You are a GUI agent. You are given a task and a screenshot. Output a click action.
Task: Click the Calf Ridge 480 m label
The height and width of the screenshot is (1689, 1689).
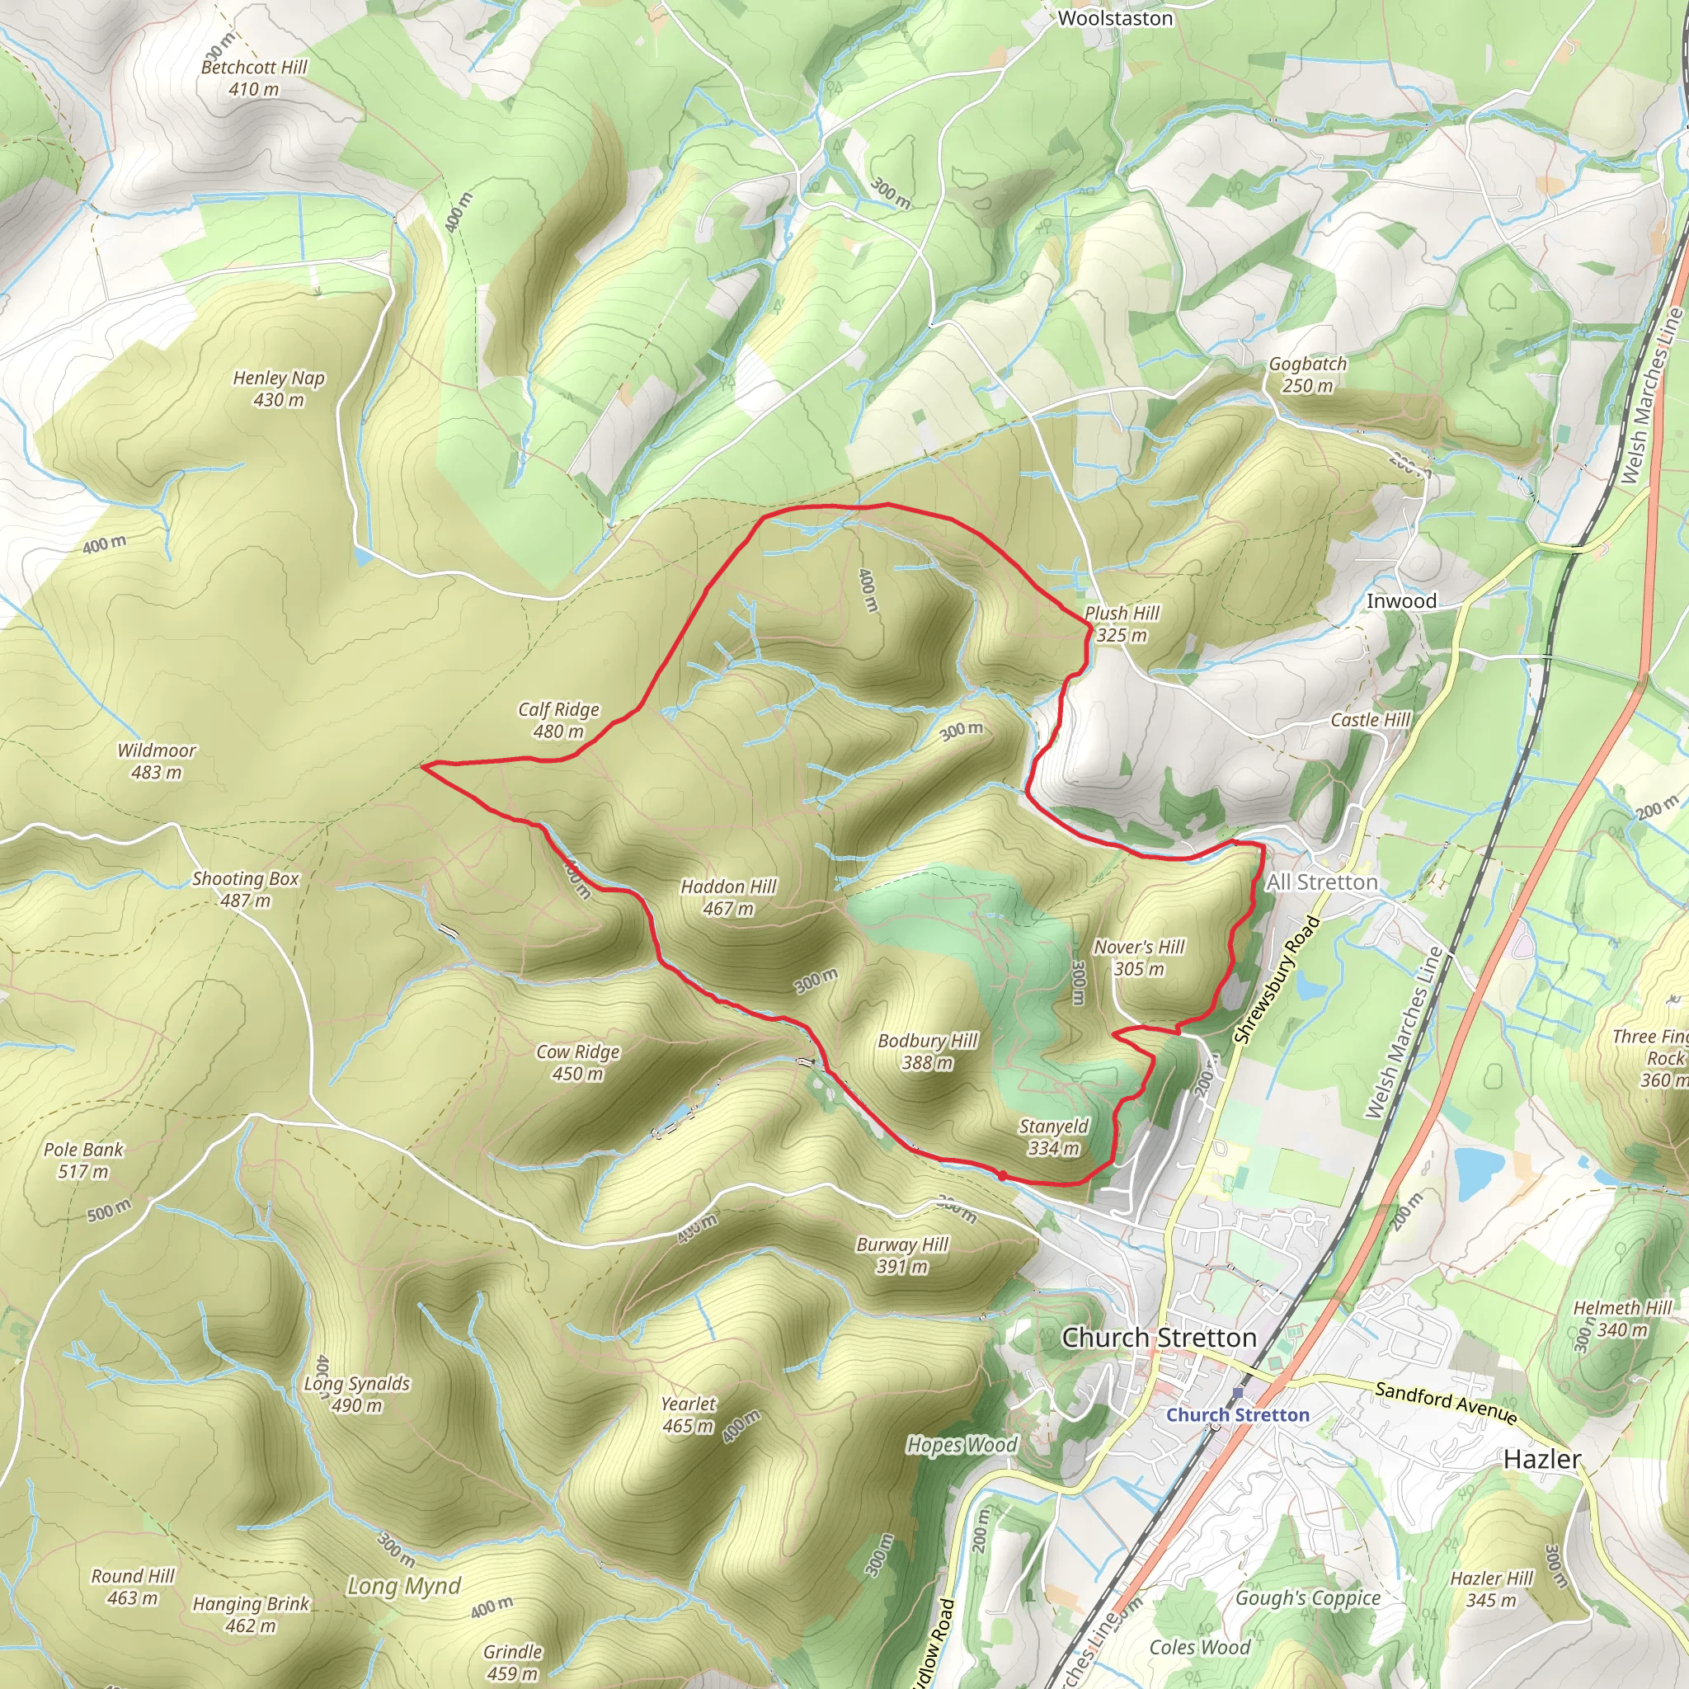[x=558, y=720]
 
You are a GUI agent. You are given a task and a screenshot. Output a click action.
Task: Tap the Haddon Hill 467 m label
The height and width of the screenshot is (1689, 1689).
[x=728, y=898]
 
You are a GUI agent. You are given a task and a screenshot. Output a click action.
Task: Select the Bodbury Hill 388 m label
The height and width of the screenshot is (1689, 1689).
[x=928, y=1052]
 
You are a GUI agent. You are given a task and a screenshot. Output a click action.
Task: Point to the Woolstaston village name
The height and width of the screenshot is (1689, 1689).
[x=1115, y=18]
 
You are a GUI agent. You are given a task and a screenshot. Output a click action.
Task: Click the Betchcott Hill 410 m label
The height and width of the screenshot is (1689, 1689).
[x=253, y=78]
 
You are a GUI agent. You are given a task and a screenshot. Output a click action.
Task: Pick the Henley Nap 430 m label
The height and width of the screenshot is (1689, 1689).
[x=278, y=389]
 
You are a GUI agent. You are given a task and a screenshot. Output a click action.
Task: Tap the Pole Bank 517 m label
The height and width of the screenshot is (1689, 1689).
[x=83, y=1160]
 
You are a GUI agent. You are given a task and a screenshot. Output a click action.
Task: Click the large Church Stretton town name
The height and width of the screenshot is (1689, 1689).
[x=1159, y=1338]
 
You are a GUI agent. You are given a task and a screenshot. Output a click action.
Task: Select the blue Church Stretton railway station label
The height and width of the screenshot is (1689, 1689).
[x=1237, y=1414]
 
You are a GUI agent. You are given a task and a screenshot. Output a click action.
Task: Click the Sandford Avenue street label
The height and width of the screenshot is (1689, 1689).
[x=1445, y=1401]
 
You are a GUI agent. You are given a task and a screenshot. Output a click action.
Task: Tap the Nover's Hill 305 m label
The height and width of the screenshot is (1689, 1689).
[x=1139, y=957]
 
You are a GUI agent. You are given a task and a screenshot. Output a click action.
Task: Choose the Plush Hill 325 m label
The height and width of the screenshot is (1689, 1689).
[x=1122, y=624]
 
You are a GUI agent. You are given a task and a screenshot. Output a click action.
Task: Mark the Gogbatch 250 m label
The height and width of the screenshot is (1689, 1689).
[x=1307, y=374]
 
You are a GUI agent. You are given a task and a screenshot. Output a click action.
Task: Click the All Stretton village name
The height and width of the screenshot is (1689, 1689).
[x=1322, y=882]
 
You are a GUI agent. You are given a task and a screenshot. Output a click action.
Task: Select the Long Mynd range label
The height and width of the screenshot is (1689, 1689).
[x=404, y=1586]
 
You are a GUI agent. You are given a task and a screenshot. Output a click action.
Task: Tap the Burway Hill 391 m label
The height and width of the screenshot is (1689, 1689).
[x=902, y=1255]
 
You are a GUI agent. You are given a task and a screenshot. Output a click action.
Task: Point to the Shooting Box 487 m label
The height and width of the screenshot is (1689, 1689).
[x=246, y=889]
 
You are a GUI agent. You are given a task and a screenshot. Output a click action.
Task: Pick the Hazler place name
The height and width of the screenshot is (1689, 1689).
[x=1542, y=1459]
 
